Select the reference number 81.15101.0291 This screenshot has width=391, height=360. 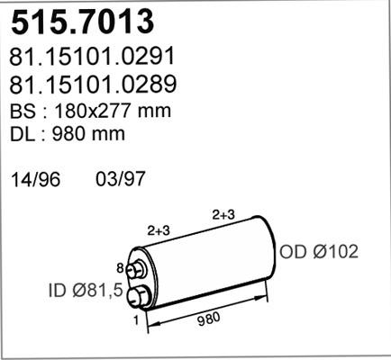[x=91, y=57]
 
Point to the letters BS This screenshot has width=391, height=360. [x=23, y=111]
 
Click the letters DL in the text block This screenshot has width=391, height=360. [x=23, y=134]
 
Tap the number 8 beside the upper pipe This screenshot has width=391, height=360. [x=120, y=267]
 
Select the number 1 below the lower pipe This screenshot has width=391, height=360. [x=135, y=319]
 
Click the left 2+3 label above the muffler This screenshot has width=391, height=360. [x=159, y=230]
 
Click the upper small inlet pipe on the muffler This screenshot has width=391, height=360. [x=136, y=270]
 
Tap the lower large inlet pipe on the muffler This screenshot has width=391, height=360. [x=140, y=298]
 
